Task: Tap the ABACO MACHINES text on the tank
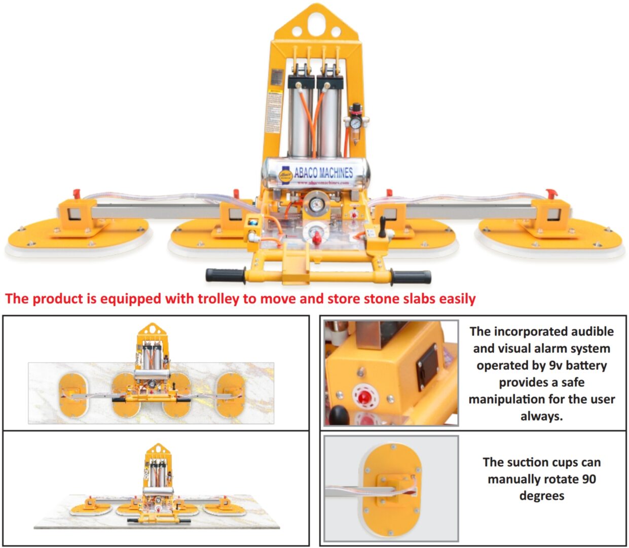pyautogui.click(x=323, y=172)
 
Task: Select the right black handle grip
pyautogui.click(x=411, y=277)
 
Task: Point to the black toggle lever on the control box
pyautogui.click(x=382, y=226)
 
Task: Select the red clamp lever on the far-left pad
pyautogui.click(x=77, y=194)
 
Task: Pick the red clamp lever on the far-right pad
pyautogui.click(x=551, y=194)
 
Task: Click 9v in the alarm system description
pyautogui.click(x=556, y=365)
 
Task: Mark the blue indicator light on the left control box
pyautogui.click(x=252, y=223)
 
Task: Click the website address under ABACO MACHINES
pyautogui.click(x=323, y=183)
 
